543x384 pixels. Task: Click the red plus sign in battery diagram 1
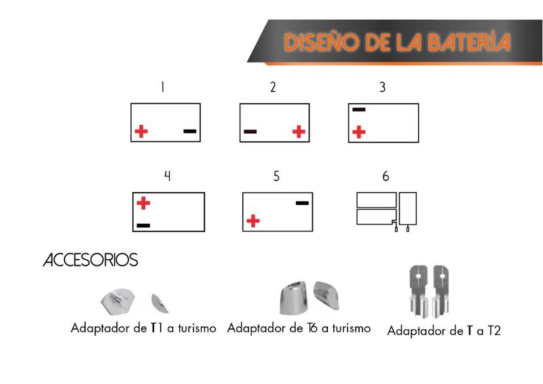point(141,131)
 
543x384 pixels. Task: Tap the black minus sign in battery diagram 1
point(190,131)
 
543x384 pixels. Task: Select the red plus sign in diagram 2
point(299,131)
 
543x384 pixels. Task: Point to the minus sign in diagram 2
point(250,132)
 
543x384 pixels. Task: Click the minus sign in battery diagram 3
point(359,110)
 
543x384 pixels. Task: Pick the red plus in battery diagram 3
point(359,132)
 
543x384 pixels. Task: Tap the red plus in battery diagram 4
point(143,204)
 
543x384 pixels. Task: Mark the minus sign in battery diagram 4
point(143,225)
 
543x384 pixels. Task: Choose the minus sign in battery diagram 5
point(302,204)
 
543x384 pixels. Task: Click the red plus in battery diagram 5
point(253,221)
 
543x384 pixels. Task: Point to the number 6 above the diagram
point(386,176)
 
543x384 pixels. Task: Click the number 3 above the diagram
point(383,88)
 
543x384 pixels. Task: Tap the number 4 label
point(167,176)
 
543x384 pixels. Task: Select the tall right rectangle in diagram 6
point(408,208)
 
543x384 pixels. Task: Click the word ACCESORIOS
point(90,260)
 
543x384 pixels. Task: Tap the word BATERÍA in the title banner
point(468,42)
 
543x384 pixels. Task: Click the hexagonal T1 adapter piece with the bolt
point(117,301)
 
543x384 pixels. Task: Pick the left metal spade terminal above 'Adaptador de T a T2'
point(418,291)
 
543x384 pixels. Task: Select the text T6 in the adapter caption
point(312,328)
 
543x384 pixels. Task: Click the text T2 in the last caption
point(494,330)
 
